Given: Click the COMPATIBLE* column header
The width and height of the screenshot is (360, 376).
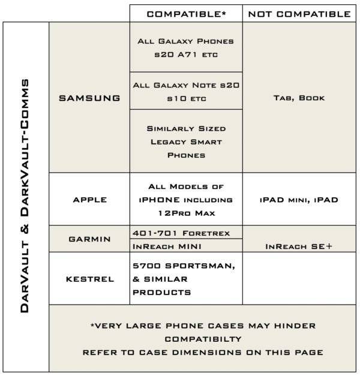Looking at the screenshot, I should click(x=186, y=14).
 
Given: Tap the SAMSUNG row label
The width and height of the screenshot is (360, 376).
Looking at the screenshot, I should click(x=89, y=98).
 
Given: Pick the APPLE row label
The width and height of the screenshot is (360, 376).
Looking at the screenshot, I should click(x=89, y=200).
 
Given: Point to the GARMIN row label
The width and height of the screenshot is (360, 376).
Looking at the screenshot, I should click(x=89, y=239).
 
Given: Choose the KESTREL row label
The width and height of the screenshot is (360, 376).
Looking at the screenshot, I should click(x=89, y=279).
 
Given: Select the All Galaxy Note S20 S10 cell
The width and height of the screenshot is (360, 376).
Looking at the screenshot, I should click(x=186, y=91).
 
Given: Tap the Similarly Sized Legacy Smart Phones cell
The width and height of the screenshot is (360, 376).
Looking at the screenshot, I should click(x=186, y=142).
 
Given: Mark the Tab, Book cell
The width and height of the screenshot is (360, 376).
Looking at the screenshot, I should click(x=298, y=98).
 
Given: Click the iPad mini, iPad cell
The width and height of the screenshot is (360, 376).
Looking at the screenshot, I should click(x=298, y=200).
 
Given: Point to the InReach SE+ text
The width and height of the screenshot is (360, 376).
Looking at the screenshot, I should click(x=298, y=246).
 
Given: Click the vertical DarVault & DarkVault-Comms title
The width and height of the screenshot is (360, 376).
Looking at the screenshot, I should click(x=26, y=196).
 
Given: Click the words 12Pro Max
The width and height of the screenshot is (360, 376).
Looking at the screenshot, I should click(x=186, y=213).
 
